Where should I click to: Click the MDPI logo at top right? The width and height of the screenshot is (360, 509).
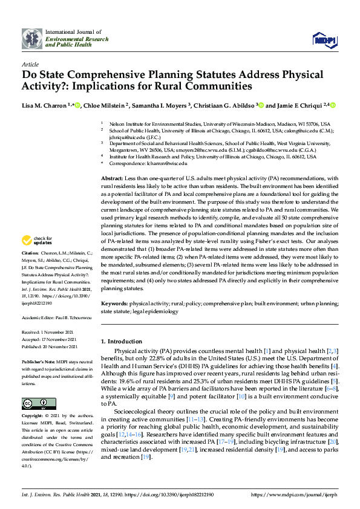pyautogui.click(x=324, y=40)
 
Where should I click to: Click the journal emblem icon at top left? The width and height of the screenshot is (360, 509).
pyautogui.click(x=31, y=39)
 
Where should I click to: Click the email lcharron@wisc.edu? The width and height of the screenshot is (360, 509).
pyautogui.click(x=165, y=163)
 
